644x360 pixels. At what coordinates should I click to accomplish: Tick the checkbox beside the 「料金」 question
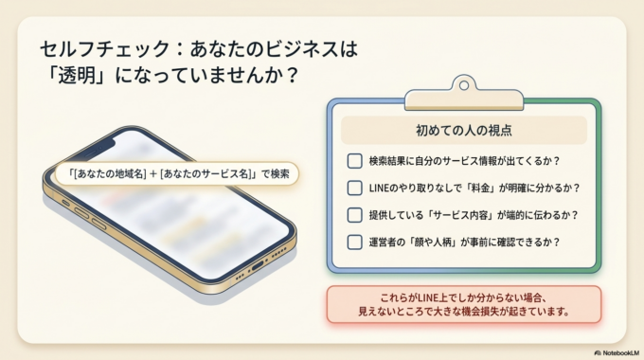coord(354,188)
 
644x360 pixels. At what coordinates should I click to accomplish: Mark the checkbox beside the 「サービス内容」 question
coord(354,214)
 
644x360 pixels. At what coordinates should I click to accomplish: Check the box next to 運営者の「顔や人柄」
coord(354,242)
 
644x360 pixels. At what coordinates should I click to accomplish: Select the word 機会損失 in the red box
coord(506,311)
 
